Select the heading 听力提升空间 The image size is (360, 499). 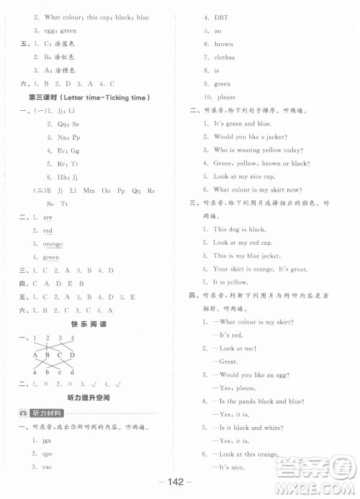coord(90,397)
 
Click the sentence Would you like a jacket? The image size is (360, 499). coord(251,136)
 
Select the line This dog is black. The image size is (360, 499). coord(241,230)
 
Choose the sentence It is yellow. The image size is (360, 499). coord(230,282)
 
